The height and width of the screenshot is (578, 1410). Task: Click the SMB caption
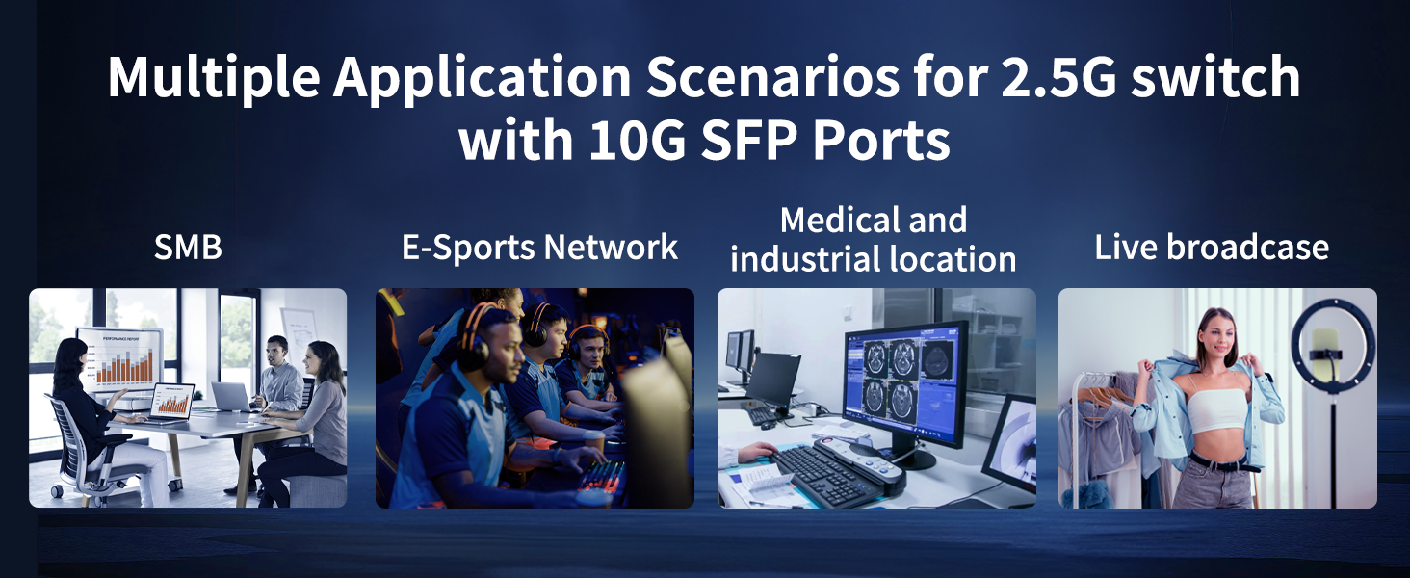pos(188,248)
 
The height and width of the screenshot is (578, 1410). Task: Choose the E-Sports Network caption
pos(539,248)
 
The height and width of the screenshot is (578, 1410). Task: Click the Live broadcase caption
pos(1212,248)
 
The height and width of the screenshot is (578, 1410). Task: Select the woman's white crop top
pos(1215,409)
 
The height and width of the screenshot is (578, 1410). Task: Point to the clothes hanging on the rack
pos(1098,424)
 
